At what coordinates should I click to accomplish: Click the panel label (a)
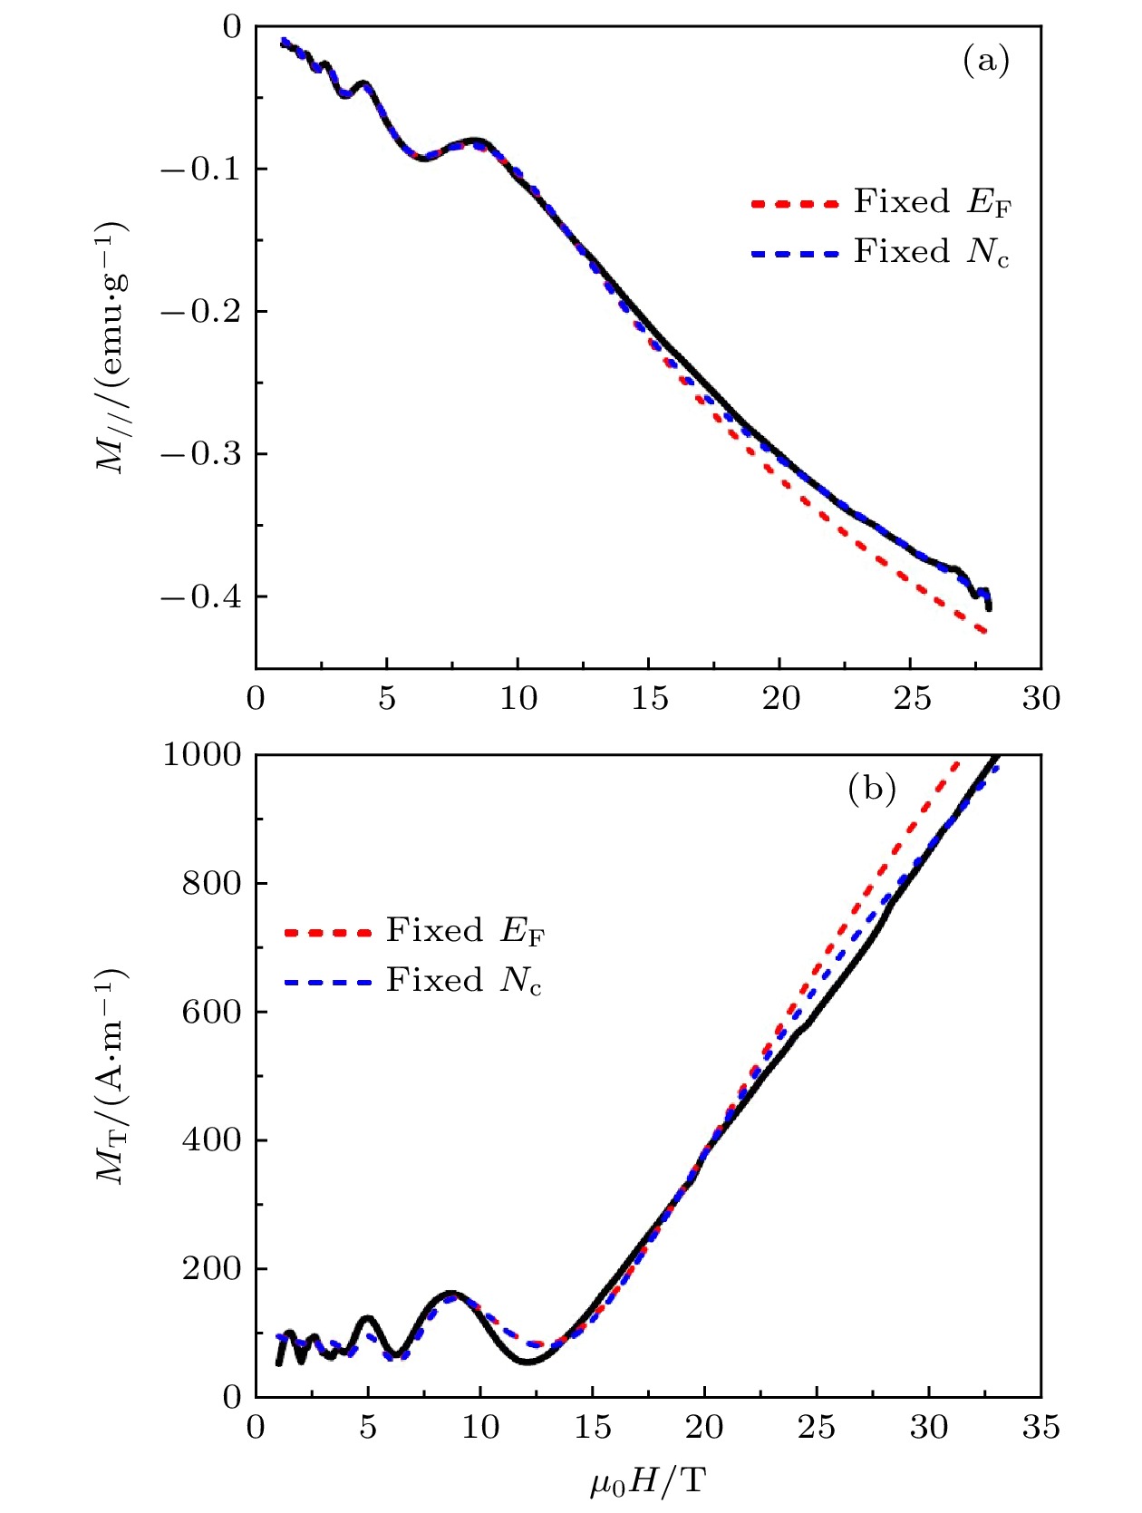985,61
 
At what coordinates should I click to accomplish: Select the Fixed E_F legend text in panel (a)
932,202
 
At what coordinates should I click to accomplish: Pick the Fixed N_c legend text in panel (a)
931,252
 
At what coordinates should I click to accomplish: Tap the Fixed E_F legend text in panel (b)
465,931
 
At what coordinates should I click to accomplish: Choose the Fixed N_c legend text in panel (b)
464,981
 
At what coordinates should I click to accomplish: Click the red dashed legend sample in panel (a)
795,205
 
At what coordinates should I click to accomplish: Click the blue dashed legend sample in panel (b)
327,983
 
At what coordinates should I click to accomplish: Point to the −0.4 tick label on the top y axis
201,596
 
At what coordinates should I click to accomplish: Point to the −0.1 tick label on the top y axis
201,170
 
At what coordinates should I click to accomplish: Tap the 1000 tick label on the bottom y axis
202,754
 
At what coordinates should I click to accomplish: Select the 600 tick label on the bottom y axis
212,1012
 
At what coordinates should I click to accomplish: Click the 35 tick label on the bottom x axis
1040,1428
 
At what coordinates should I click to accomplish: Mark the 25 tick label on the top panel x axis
911,698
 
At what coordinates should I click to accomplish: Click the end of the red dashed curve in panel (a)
985,631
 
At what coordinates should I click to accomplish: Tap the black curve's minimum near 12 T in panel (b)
527,1362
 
